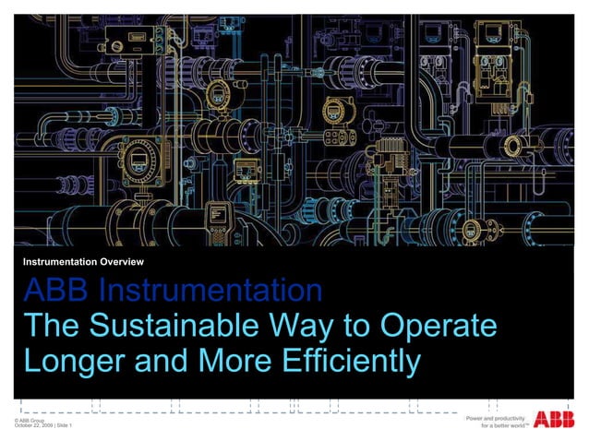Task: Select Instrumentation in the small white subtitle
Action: (x=61, y=263)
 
